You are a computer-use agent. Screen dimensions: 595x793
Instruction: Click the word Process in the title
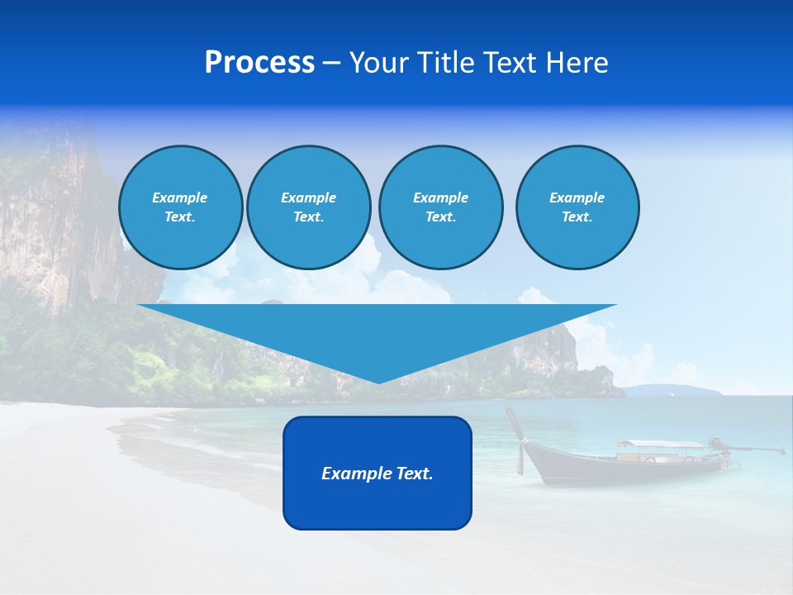(259, 63)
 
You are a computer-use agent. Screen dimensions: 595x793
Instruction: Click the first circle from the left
(180, 207)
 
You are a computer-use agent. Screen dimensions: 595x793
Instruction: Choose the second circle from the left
(308, 207)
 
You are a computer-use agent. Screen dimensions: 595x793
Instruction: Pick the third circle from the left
(440, 207)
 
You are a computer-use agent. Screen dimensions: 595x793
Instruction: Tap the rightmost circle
(577, 207)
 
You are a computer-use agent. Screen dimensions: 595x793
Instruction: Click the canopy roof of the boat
(658, 445)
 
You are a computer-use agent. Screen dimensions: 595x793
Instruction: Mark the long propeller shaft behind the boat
(756, 449)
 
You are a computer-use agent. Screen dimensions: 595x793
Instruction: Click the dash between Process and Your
(331, 63)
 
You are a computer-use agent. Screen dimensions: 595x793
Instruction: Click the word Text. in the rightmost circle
(577, 217)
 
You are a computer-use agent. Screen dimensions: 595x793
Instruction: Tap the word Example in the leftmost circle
(180, 198)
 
